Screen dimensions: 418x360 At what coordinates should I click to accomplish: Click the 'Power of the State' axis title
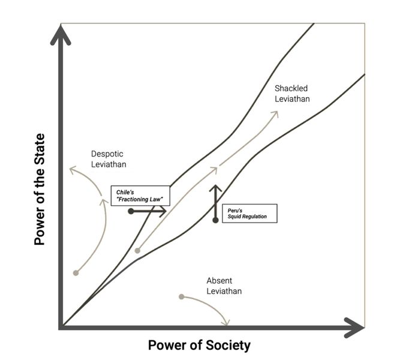pyautogui.click(x=40, y=189)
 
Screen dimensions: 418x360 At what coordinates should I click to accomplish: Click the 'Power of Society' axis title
pyautogui.click(x=199, y=345)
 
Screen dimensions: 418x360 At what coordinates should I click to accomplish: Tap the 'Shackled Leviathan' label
pyautogui.click(x=292, y=94)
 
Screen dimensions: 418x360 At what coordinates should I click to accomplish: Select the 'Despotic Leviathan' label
pyautogui.click(x=109, y=159)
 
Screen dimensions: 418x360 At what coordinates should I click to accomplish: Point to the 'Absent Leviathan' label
pyautogui.click(x=224, y=286)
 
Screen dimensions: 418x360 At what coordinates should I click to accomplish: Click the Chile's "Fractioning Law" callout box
pyautogui.click(x=140, y=196)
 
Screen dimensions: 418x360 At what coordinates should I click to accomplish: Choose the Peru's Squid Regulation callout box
pyautogui.click(x=249, y=214)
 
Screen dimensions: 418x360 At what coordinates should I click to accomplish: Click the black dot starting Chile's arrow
pyautogui.click(x=131, y=211)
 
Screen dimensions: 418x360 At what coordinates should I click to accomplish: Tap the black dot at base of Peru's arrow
pyautogui.click(x=215, y=220)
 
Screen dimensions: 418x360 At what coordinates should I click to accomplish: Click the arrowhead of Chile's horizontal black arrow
pyautogui.click(x=163, y=211)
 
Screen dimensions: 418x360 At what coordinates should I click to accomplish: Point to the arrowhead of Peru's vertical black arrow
pyautogui.click(x=215, y=188)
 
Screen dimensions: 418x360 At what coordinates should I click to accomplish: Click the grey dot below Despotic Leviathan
pyautogui.click(x=76, y=273)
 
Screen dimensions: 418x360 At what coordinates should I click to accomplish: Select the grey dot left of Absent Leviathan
pyautogui.click(x=182, y=296)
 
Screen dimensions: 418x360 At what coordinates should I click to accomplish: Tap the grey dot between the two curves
pyautogui.click(x=137, y=250)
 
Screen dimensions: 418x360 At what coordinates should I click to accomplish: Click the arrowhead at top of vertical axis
pyautogui.click(x=61, y=35)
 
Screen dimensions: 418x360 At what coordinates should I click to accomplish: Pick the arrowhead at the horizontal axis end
pyautogui.click(x=354, y=328)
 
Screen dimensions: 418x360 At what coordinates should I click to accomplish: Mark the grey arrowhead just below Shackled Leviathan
pyautogui.click(x=275, y=114)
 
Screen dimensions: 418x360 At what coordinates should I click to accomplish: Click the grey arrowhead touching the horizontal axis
pyautogui.click(x=226, y=322)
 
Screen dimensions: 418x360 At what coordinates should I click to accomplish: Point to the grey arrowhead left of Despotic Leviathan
pyautogui.click(x=73, y=170)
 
